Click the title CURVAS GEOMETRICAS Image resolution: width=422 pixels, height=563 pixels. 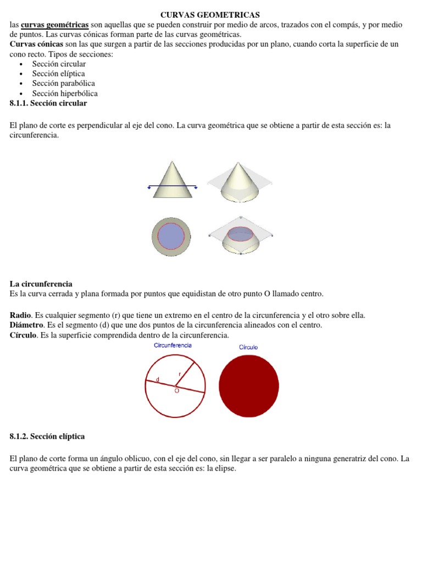[210, 15]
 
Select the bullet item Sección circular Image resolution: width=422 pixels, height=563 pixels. [59, 64]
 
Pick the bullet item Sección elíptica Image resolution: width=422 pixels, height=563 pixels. [58, 74]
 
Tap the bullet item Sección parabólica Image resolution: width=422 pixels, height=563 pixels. [63, 84]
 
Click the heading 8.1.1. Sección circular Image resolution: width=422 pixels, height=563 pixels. [48, 103]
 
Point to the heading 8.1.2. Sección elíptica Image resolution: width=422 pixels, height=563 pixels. [47, 436]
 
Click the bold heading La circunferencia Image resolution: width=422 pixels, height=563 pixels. [41, 284]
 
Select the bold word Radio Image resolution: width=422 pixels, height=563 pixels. [20, 315]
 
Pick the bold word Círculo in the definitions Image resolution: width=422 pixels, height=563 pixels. [23, 335]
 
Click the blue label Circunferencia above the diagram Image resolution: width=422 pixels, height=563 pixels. [173, 345]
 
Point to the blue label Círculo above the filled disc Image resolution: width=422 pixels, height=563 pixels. [248, 347]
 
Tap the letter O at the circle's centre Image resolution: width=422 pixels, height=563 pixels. [177, 391]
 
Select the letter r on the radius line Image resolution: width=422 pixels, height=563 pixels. [179, 374]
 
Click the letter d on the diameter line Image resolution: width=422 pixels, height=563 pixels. [158, 379]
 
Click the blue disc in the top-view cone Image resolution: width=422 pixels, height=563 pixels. [171, 236]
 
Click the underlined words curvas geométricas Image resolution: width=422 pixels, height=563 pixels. [54, 25]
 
